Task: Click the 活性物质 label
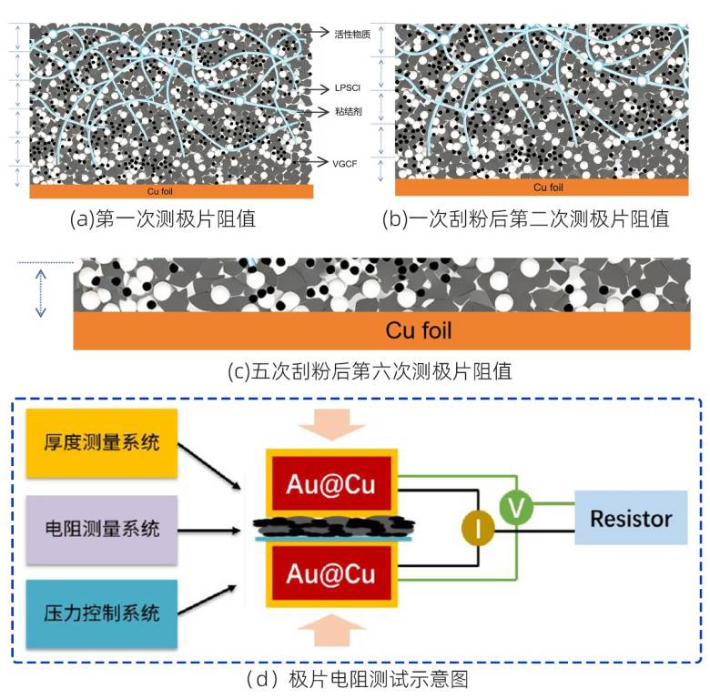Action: [x=352, y=35]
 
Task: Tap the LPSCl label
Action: [x=348, y=87]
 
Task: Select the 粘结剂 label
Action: [x=349, y=111]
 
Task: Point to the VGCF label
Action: [x=345, y=164]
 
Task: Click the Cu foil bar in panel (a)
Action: [x=171, y=191]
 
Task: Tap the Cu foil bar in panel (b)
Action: [x=542, y=187]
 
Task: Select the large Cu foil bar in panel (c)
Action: [x=381, y=330]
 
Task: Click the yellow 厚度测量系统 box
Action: [x=101, y=442]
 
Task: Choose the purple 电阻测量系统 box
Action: [x=101, y=529]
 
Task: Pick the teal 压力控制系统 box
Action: [x=101, y=613]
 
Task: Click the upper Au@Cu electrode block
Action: [x=331, y=483]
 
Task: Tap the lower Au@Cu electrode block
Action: [x=331, y=572]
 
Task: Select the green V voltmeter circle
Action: [x=516, y=507]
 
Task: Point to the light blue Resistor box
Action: [x=631, y=518]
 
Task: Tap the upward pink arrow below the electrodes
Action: [x=332, y=630]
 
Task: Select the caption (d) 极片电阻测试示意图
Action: [x=357, y=680]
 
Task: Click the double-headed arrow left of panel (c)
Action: [x=41, y=293]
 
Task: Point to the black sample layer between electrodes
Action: [x=334, y=525]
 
